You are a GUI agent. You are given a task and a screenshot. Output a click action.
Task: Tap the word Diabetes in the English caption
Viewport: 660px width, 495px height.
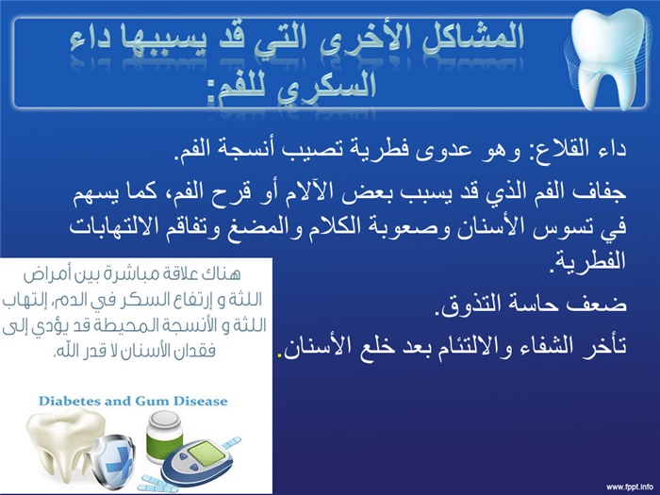69,401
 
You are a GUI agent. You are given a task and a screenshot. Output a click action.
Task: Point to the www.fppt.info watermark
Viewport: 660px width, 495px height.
630,487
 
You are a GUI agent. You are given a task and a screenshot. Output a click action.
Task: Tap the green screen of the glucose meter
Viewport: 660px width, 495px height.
205,454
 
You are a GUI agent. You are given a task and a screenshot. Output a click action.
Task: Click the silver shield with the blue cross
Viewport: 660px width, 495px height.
113,462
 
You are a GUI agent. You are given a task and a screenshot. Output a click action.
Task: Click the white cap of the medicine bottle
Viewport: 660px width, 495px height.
165,420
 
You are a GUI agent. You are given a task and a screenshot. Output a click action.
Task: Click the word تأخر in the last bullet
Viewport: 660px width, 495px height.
605,346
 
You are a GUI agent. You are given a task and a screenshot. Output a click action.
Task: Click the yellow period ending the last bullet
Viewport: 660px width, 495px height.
279,356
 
